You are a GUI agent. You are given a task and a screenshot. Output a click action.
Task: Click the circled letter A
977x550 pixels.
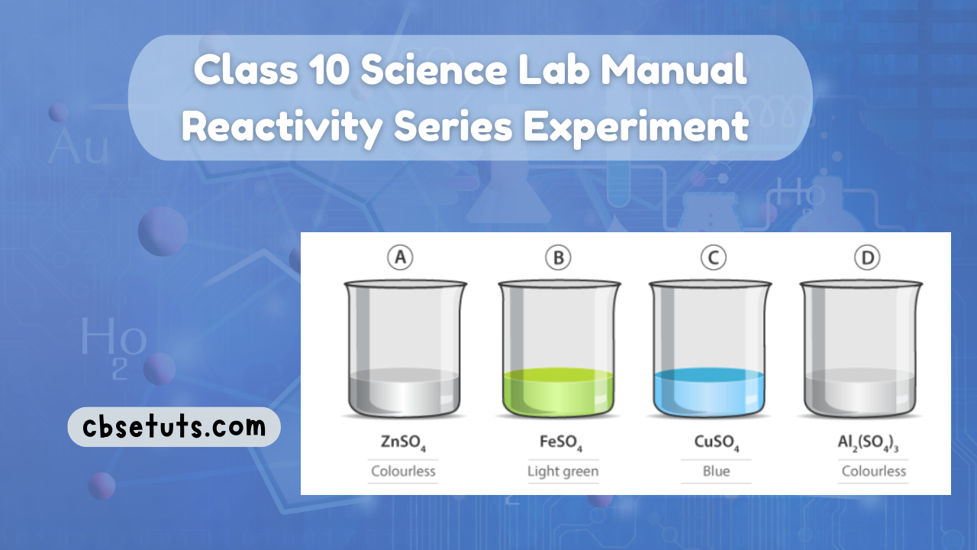(x=399, y=258)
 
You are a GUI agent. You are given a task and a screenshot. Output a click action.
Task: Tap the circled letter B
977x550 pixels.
(x=558, y=258)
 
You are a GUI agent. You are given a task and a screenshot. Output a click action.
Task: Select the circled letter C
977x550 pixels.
(x=713, y=258)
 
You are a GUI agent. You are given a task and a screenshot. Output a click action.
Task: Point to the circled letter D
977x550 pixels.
(x=867, y=258)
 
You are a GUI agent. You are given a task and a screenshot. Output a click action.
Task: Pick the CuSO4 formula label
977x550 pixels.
(x=715, y=443)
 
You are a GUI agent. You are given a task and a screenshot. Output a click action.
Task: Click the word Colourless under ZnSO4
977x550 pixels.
(x=403, y=471)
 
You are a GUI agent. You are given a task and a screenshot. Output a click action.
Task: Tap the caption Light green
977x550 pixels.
(x=563, y=471)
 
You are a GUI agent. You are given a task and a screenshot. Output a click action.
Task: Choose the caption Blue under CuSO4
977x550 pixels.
(x=715, y=471)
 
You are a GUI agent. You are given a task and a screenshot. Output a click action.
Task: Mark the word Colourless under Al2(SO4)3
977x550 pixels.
(x=874, y=471)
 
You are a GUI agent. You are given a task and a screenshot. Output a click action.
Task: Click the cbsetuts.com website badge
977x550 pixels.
(x=173, y=426)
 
